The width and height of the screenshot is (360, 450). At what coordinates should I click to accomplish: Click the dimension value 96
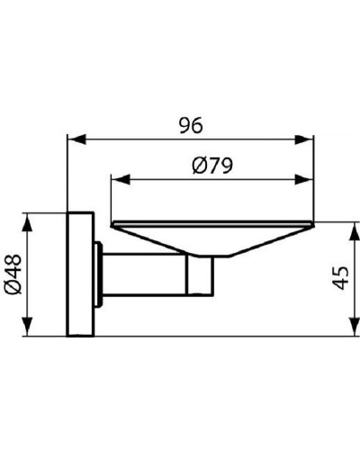point(187,126)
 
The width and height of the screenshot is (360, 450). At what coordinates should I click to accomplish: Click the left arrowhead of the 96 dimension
point(75,139)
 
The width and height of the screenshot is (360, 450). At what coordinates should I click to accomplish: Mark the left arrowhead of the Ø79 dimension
point(115,178)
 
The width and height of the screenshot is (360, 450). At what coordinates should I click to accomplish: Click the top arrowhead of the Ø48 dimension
point(31,220)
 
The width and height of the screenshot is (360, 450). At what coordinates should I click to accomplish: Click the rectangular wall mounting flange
point(79,275)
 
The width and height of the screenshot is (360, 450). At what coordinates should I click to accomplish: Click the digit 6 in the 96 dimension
point(195,126)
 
